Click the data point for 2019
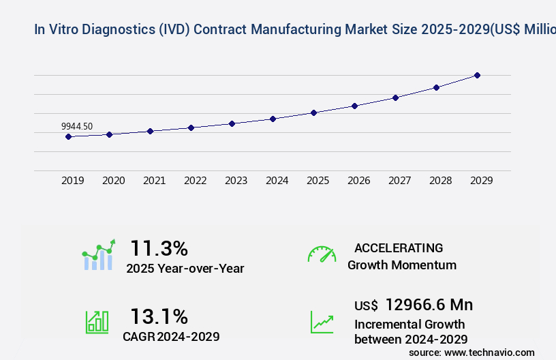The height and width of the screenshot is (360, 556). pyautogui.click(x=68, y=136)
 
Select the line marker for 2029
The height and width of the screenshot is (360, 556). pyautogui.click(x=477, y=75)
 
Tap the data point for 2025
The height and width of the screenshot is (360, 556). pyautogui.click(x=313, y=112)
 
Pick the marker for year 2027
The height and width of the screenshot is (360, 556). pyautogui.click(x=395, y=97)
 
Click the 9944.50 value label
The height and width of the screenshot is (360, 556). pyautogui.click(x=77, y=126)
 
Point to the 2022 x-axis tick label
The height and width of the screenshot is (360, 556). pyautogui.click(x=195, y=181)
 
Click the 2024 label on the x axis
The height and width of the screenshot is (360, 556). pyautogui.click(x=277, y=181)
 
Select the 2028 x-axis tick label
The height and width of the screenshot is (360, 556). pyautogui.click(x=440, y=181)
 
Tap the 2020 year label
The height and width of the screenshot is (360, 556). pyautogui.click(x=113, y=181)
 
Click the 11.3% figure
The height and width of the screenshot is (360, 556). pyautogui.click(x=159, y=248)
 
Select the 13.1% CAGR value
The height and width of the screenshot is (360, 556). pyautogui.click(x=159, y=316)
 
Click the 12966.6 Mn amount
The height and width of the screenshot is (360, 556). pyautogui.click(x=429, y=305)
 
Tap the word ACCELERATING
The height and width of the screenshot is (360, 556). pyautogui.click(x=399, y=248)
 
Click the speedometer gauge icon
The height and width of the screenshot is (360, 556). pyautogui.click(x=322, y=254)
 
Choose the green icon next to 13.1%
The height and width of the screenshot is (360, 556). pyautogui.click(x=97, y=322)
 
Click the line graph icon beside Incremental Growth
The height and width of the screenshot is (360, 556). pyautogui.click(x=322, y=322)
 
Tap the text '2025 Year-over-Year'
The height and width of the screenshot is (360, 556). pyautogui.click(x=185, y=269)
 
